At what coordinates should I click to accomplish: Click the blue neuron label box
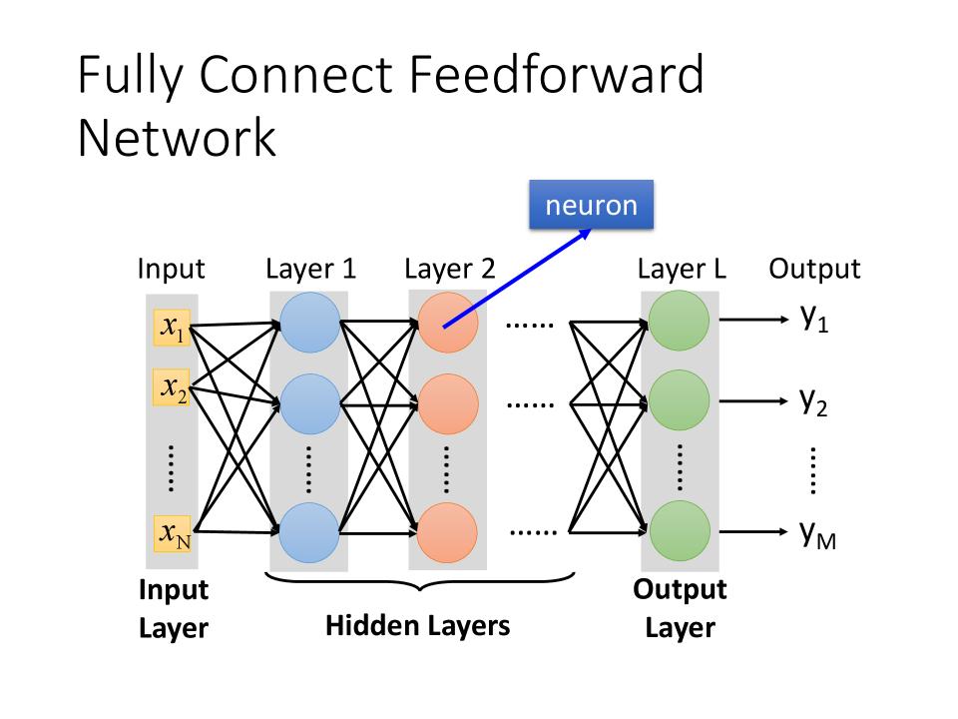pos(591,205)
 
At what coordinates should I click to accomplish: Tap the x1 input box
pos(172,326)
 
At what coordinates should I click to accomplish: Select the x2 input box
pos(172,387)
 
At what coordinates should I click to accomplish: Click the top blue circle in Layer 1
pos(309,323)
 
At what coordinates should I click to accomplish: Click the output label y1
pos(815,320)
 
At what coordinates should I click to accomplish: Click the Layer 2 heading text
pos(449,269)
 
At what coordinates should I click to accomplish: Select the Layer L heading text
pos(682,269)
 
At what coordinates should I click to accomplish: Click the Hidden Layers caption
pos(418,626)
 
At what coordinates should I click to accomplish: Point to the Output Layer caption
pos(681,608)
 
